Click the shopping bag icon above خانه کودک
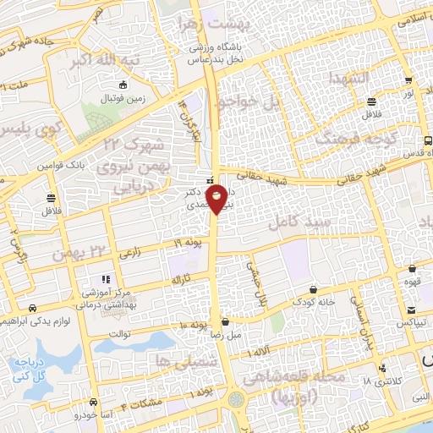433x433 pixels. [311, 288]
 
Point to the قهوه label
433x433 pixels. [412, 282]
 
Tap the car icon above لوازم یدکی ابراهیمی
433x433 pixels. [31, 308]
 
